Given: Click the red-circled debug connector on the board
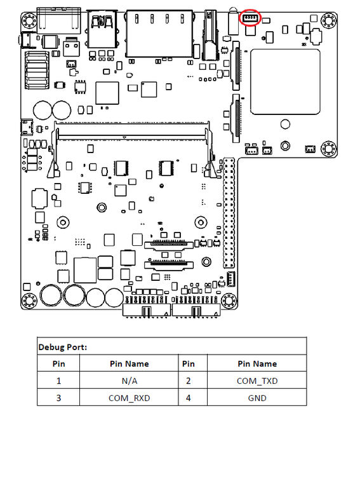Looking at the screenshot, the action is point(250,18).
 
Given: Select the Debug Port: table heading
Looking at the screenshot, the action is point(62,347).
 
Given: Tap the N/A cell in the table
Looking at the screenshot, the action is point(130,381).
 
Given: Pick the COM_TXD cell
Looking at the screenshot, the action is point(257,381).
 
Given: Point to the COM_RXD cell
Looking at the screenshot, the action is point(130,398).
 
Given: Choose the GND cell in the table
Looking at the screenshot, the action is point(257,398).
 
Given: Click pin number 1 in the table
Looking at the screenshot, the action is point(59,381).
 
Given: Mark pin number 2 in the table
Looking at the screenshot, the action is point(189,381).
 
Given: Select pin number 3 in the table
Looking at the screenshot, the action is point(59,398).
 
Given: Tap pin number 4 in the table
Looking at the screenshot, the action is point(189,398).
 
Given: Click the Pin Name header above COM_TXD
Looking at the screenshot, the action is point(257,363).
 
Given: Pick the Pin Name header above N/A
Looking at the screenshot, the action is point(130,363).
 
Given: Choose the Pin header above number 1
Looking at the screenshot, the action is point(59,363).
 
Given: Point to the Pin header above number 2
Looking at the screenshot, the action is point(189,363).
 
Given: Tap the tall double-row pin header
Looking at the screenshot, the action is point(229,213).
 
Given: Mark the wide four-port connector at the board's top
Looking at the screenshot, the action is point(159,34).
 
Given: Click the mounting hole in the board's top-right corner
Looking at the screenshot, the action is point(328,20).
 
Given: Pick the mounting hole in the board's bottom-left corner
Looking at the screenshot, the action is point(29,301).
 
